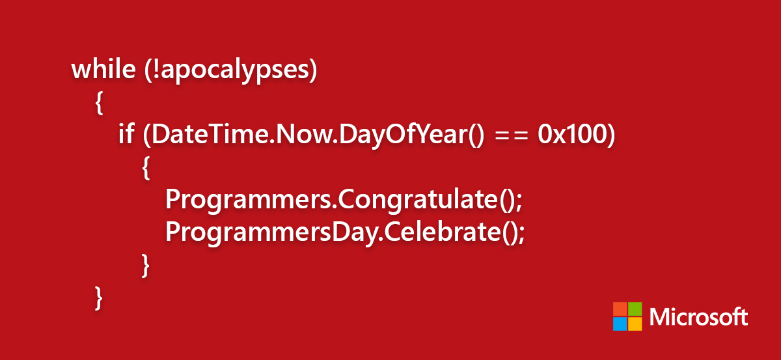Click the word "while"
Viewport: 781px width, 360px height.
tap(103, 69)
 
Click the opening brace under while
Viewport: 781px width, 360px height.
tap(99, 103)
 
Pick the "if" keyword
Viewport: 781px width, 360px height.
tap(126, 133)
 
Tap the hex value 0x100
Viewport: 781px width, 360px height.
tap(572, 134)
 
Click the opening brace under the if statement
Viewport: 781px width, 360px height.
tap(146, 168)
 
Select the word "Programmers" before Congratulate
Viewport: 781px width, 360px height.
tap(249, 201)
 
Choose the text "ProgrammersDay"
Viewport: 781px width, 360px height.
tap(272, 233)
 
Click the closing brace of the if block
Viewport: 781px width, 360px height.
tap(146, 266)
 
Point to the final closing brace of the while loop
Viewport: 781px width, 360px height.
tap(99, 298)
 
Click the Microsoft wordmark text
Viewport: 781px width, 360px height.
tap(699, 317)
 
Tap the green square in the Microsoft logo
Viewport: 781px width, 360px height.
tap(635, 309)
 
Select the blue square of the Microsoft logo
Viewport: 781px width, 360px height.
tap(620, 324)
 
